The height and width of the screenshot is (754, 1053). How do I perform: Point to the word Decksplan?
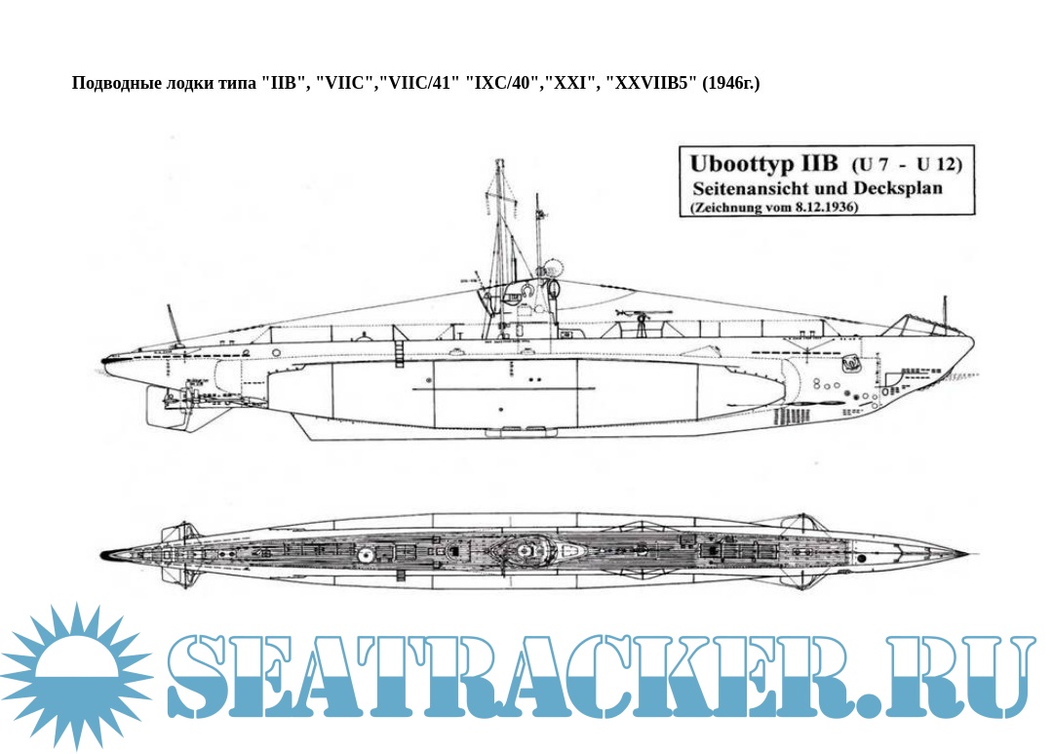[x=898, y=186]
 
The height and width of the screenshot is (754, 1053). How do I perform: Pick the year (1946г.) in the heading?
[x=730, y=83]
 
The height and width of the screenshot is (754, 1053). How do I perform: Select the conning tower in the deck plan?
[x=526, y=551]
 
